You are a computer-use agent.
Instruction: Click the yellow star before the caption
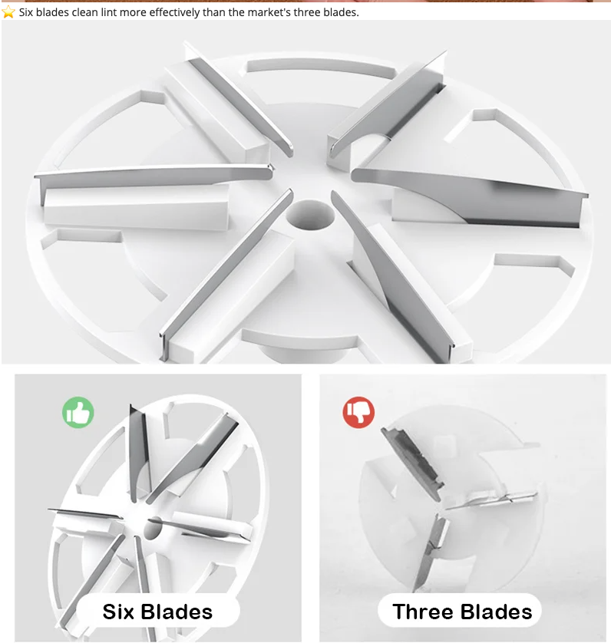tap(8, 12)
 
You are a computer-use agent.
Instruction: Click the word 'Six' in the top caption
tap(26, 12)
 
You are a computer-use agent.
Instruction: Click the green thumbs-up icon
tap(78, 413)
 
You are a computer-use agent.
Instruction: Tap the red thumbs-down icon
tap(358, 412)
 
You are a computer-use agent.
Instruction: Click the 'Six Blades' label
tap(157, 612)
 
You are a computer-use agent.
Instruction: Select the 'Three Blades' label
tap(462, 612)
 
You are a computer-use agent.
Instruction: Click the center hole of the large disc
tap(310, 215)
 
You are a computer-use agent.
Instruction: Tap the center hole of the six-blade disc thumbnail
tap(152, 528)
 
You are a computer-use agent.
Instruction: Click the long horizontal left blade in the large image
tap(154, 175)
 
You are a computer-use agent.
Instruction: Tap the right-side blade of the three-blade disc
tap(492, 500)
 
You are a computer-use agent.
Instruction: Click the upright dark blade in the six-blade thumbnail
tap(138, 453)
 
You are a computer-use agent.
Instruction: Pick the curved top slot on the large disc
tap(322, 67)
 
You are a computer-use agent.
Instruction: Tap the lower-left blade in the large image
tap(226, 275)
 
